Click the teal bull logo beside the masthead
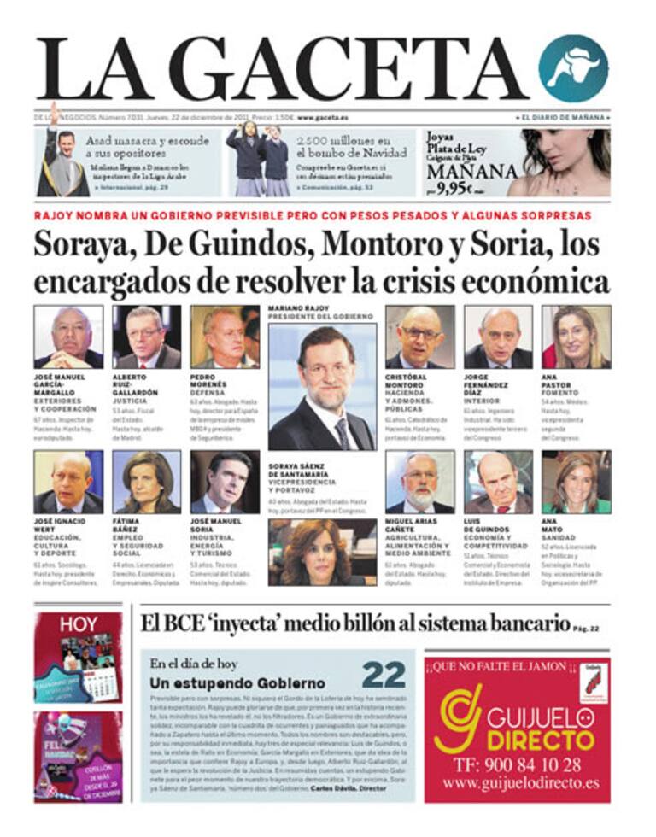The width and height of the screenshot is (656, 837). [x=573, y=68]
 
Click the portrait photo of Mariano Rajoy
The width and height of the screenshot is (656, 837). [x=321, y=386]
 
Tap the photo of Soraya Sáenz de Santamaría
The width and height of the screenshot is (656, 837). [x=321, y=553]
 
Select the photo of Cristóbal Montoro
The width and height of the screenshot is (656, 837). [x=419, y=337]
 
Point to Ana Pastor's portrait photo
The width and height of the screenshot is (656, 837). [x=576, y=337]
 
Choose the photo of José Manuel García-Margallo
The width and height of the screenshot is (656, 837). [x=68, y=337]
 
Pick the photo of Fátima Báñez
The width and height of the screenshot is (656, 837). [x=146, y=482]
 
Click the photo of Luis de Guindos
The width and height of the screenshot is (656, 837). [x=498, y=482]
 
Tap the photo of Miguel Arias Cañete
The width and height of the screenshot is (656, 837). [x=419, y=482]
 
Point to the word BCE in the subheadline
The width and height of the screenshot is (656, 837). [x=181, y=623]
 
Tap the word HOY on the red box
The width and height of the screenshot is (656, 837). [x=77, y=624]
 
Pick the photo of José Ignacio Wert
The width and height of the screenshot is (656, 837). [x=68, y=482]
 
